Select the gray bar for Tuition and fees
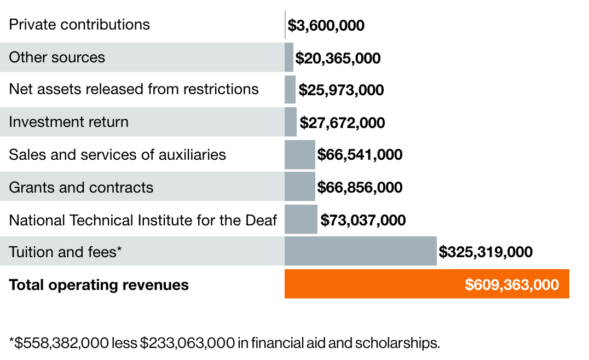tap(360, 251)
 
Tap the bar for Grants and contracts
tap(299, 187)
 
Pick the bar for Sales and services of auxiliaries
tap(299, 154)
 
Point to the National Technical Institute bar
tap(301, 219)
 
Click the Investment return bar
tap(290, 122)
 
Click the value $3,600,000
tap(326, 26)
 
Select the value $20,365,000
tap(338, 58)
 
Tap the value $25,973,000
tap(341, 90)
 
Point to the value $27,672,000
tap(342, 123)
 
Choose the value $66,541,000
tap(360, 155)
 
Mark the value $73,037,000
tap(363, 220)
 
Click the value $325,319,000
tap(486, 252)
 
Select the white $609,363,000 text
tap(512, 284)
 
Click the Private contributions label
tap(79, 25)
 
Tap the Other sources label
tap(57, 57)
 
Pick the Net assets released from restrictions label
tap(134, 89)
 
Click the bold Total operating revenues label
tap(99, 285)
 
